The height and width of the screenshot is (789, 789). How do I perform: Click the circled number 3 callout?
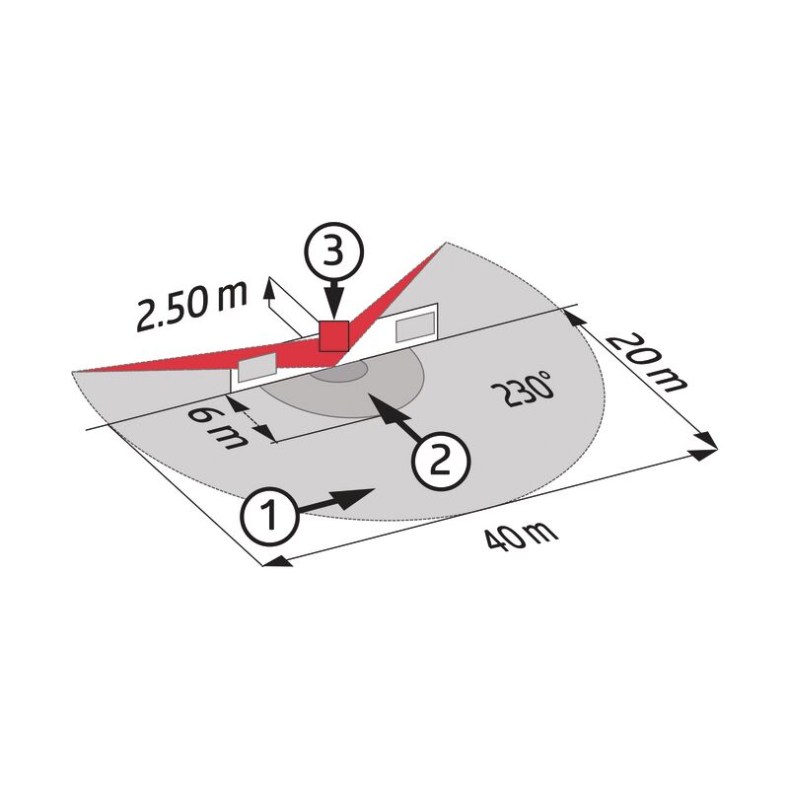pos(333,251)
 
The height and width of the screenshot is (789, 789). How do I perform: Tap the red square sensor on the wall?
pos(334,336)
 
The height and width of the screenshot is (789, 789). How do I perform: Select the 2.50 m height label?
pos(192,307)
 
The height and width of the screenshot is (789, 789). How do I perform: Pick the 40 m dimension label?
pos(522,538)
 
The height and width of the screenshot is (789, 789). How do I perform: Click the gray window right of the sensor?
pos(415,326)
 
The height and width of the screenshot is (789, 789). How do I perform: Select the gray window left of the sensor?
pos(257,367)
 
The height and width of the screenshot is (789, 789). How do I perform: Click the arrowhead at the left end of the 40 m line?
pos(278,561)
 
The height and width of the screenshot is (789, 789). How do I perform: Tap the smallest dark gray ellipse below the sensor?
pos(338,372)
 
